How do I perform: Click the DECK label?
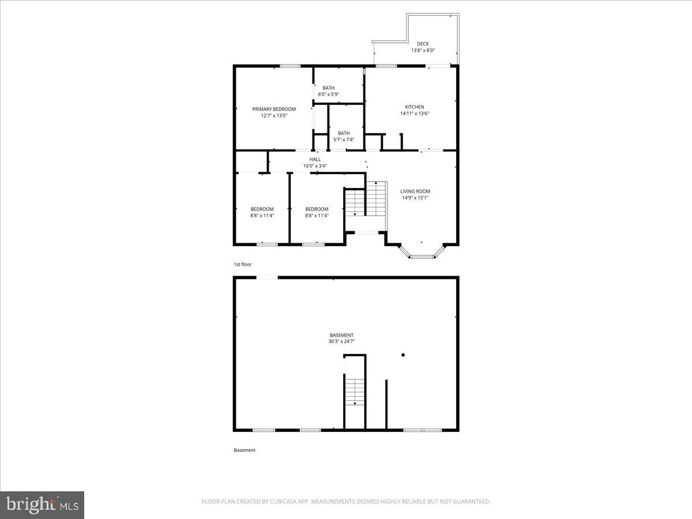(x=423, y=44)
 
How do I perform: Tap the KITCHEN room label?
(x=414, y=107)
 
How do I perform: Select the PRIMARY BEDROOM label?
(x=274, y=109)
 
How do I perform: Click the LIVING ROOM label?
(x=415, y=191)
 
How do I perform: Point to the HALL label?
(x=315, y=159)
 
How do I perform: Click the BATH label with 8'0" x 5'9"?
(x=328, y=88)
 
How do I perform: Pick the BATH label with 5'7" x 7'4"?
(x=344, y=133)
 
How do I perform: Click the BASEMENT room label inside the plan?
(x=341, y=335)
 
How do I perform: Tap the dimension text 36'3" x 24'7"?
(x=341, y=341)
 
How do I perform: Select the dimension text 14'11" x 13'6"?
(x=414, y=114)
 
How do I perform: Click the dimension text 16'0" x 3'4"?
(x=315, y=166)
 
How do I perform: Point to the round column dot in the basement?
(x=403, y=355)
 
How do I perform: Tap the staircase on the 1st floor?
(x=365, y=200)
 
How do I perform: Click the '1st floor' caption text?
(x=242, y=264)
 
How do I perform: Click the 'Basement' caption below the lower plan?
(x=245, y=450)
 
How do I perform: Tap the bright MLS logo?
(x=42, y=505)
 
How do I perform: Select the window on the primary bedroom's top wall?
(x=290, y=66)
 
